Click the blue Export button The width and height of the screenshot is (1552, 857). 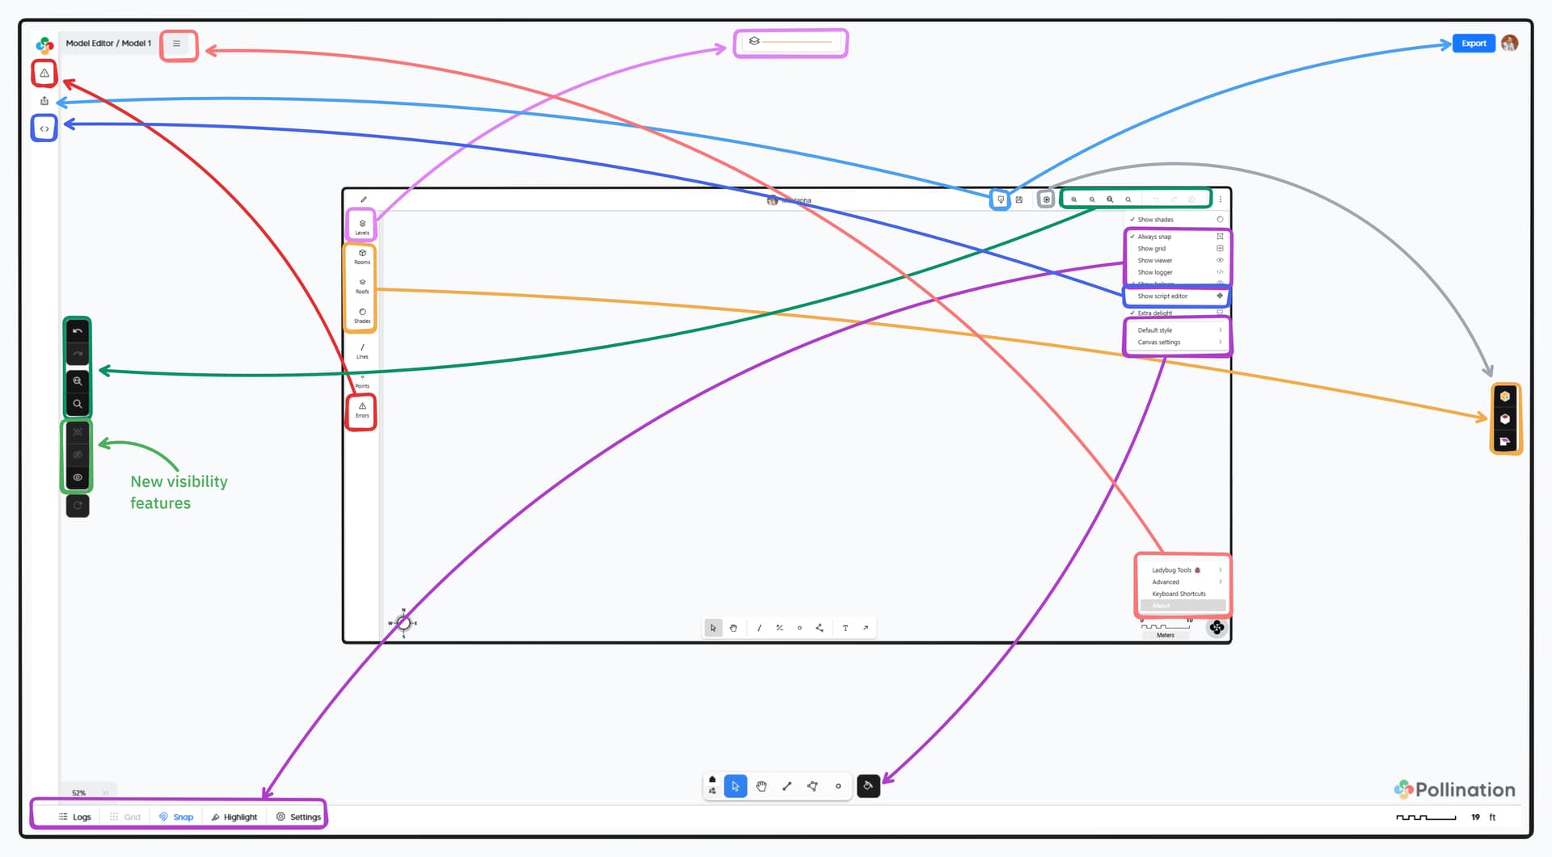pos(1473,44)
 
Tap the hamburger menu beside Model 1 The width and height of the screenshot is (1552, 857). pos(176,44)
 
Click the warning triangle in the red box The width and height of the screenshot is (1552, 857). pos(44,74)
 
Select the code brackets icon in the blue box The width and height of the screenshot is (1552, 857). pos(44,128)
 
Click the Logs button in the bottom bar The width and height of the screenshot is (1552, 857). pos(75,817)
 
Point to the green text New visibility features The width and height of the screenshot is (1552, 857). pos(179,492)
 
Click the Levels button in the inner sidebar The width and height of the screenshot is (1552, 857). pos(362,226)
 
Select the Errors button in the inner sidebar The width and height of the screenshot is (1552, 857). pos(362,410)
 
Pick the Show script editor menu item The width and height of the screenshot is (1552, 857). pos(1163,296)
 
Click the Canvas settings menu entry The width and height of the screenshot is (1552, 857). pos(1159,342)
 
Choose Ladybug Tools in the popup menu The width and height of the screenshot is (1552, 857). pos(1172,570)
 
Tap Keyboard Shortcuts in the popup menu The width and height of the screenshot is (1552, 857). pos(1179,594)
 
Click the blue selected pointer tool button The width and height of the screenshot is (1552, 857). pos(736,786)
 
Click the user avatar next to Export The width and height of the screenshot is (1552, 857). pos(1509,44)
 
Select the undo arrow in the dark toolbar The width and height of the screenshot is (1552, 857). pos(78,331)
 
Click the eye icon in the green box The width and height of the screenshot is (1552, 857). pos(78,477)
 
